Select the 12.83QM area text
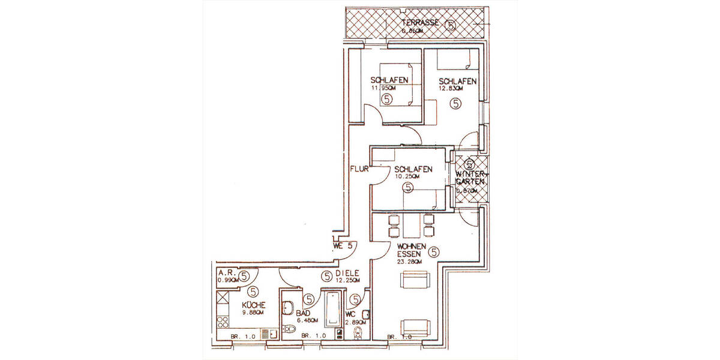(451, 88)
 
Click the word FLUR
(359, 169)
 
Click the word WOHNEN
(412, 246)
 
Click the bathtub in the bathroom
(331, 310)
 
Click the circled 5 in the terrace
(451, 25)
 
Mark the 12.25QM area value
(348, 281)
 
